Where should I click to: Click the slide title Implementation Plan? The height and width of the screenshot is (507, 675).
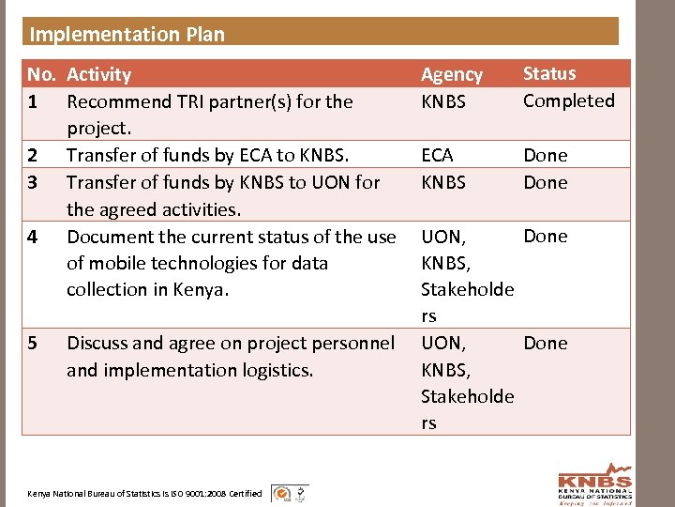(x=127, y=35)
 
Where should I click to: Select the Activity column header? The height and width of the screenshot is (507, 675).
(x=98, y=74)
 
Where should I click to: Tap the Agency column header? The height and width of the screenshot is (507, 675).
(x=451, y=75)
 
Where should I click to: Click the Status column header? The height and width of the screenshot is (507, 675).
(x=549, y=73)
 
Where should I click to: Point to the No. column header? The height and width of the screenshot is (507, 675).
(x=41, y=74)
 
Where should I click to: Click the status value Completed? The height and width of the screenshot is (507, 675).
(x=568, y=100)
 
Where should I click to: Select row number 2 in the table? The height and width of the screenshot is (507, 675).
(x=33, y=155)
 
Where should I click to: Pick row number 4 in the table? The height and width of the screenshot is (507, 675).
(x=33, y=236)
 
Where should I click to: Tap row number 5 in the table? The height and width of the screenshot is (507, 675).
(x=33, y=343)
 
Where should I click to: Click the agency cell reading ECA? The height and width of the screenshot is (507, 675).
(x=437, y=155)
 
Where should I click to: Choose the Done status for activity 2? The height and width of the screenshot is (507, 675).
(x=545, y=155)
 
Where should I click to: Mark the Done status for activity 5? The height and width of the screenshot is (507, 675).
(x=545, y=343)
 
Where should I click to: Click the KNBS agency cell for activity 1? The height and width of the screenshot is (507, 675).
(x=442, y=101)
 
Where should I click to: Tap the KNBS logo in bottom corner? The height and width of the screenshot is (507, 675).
(x=594, y=483)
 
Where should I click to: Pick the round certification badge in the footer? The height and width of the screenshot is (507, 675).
(x=279, y=493)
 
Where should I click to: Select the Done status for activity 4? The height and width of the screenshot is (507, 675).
(x=545, y=236)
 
